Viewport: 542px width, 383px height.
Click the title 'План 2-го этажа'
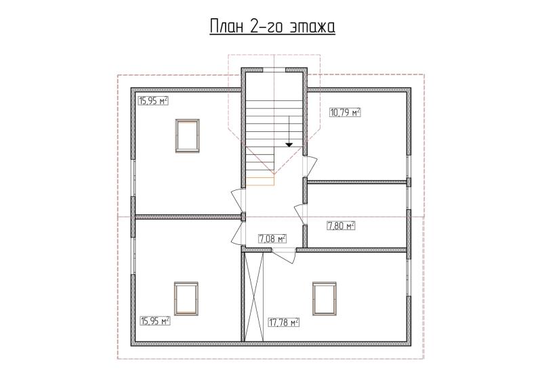tap(272, 26)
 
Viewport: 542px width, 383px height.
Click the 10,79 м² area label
tap(346, 112)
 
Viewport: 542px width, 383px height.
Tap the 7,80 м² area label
tap(341, 226)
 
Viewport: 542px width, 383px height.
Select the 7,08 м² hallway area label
tap(272, 239)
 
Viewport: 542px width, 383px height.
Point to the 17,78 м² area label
tap(284, 323)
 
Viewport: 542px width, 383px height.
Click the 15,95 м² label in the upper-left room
tap(153, 101)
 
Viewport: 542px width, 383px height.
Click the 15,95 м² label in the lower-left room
tap(155, 321)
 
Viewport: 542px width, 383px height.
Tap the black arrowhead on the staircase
tap(289, 145)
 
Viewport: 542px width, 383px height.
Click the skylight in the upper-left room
tap(188, 136)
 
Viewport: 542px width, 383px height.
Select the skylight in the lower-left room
tap(186, 298)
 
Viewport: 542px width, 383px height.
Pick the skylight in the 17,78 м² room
tap(325, 298)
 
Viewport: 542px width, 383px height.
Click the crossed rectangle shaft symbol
tap(253, 297)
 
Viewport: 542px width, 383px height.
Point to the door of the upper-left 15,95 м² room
tap(238, 200)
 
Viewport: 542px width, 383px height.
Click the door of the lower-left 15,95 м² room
tap(238, 233)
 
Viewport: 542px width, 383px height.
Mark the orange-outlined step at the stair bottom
tap(260, 181)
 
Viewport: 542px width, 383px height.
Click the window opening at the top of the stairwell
tap(274, 70)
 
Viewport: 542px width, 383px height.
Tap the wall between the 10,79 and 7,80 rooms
tap(357, 181)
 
